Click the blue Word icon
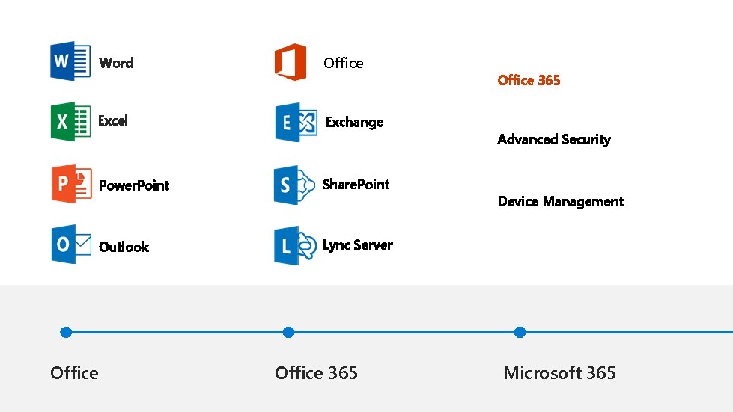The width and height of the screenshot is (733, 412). tap(70, 61)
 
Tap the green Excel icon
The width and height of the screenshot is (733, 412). tap(70, 121)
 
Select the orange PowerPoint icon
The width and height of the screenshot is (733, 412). tap(71, 183)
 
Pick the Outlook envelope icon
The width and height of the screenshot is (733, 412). tap(70, 245)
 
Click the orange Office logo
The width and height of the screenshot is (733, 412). tap(291, 62)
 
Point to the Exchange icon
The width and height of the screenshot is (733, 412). tap(296, 122)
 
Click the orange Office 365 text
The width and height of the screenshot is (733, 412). tap(529, 80)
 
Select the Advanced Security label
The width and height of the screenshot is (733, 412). tap(553, 139)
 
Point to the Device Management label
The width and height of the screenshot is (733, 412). tap(560, 201)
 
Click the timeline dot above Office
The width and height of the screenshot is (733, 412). tap(66, 332)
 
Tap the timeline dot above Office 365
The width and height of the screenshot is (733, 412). tap(288, 332)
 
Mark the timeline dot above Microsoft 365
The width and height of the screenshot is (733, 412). tap(520, 332)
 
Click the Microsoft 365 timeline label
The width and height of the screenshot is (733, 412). tap(559, 372)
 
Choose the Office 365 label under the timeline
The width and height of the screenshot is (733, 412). tap(316, 372)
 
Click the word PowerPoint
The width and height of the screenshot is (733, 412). tap(134, 185)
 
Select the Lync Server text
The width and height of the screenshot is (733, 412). tap(357, 245)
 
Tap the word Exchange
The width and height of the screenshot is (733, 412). tap(354, 122)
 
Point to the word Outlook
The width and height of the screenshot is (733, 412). tap(124, 247)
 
